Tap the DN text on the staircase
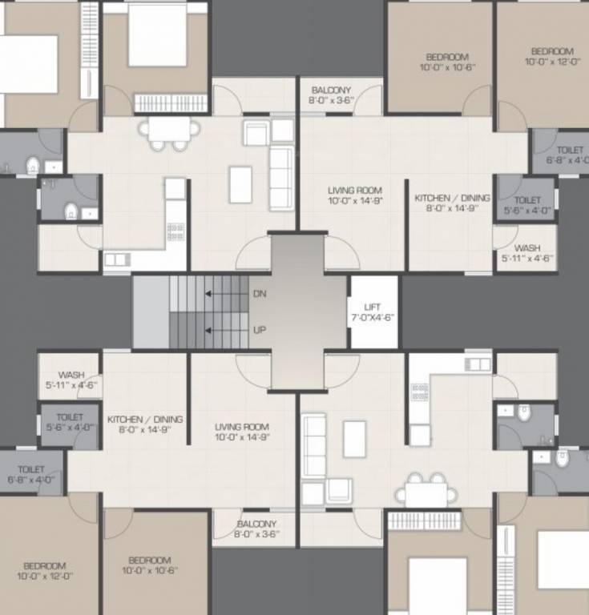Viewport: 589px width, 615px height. [x=260, y=294]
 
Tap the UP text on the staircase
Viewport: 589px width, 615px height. [x=260, y=330]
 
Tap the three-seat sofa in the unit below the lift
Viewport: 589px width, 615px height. [x=313, y=447]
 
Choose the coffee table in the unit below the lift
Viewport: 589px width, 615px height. [x=354, y=438]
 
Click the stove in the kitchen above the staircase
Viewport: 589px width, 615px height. [x=175, y=232]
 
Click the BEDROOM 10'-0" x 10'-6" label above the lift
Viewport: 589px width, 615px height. [x=447, y=62]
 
